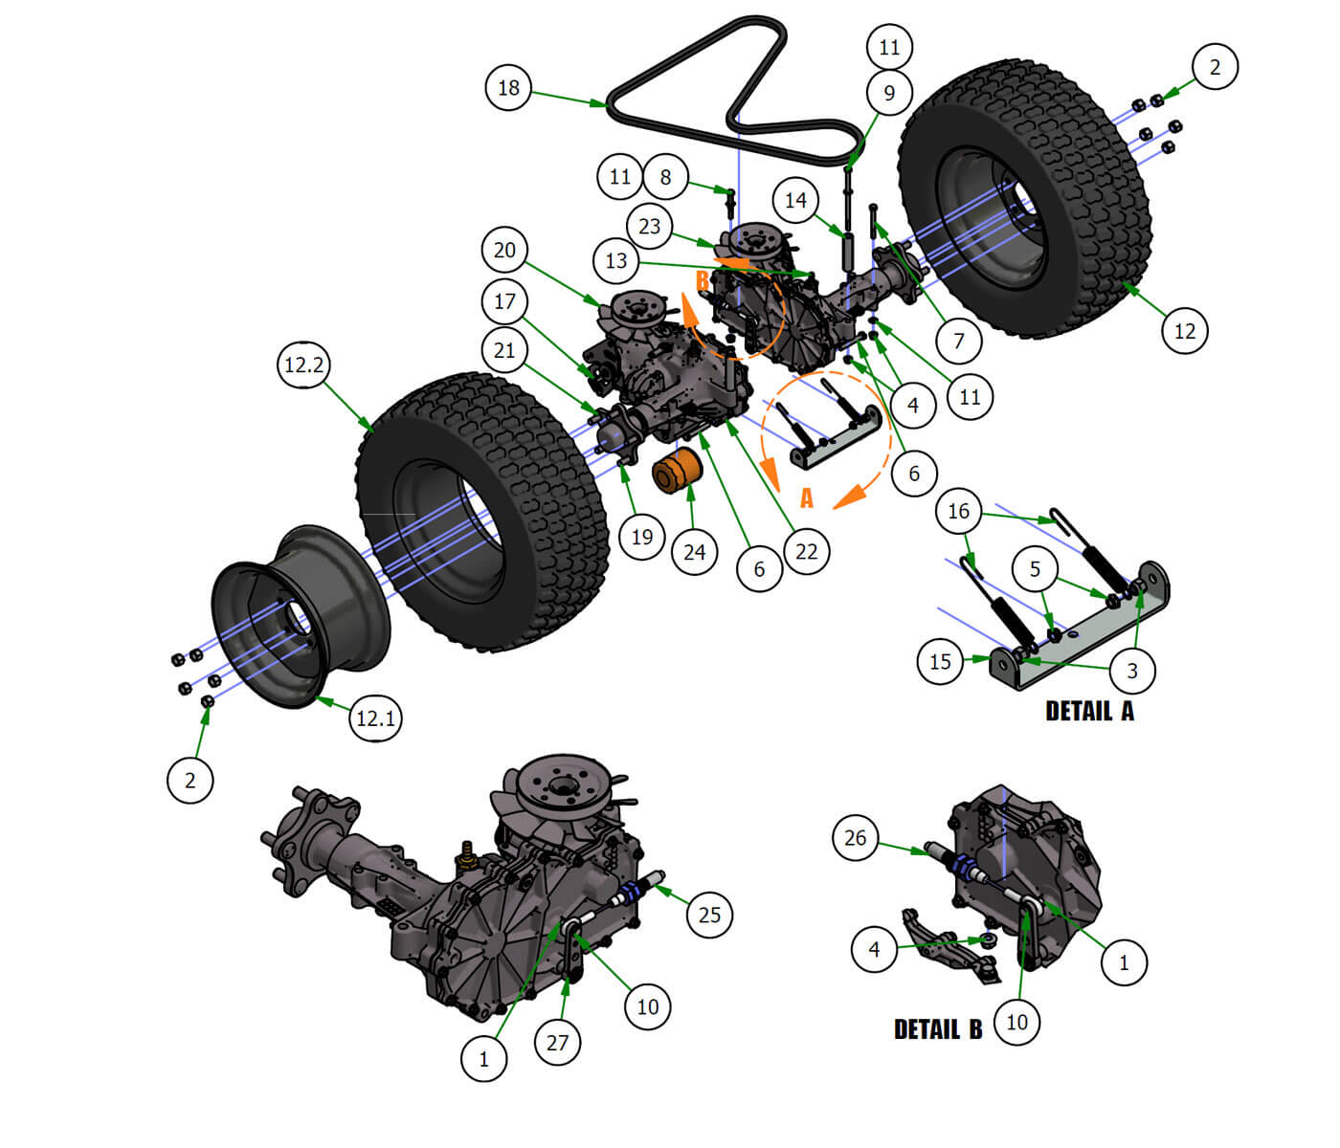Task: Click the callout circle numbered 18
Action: [508, 88]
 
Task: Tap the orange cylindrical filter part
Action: [678, 472]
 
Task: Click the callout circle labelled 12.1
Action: [375, 717]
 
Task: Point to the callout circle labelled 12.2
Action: [304, 364]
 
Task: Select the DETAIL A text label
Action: [1089, 711]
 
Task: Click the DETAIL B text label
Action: [937, 1029]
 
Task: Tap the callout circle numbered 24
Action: [694, 551]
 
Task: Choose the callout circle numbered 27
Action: [557, 1042]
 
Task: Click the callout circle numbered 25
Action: [709, 915]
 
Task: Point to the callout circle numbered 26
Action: [855, 838]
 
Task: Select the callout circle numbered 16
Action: [958, 511]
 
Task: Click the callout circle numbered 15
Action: [940, 661]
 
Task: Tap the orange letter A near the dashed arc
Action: [806, 498]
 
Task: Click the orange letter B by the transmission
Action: [702, 280]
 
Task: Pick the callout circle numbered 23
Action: [649, 227]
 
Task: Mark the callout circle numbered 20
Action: [504, 251]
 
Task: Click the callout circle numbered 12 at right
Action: [1184, 331]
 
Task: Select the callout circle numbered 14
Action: [795, 200]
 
